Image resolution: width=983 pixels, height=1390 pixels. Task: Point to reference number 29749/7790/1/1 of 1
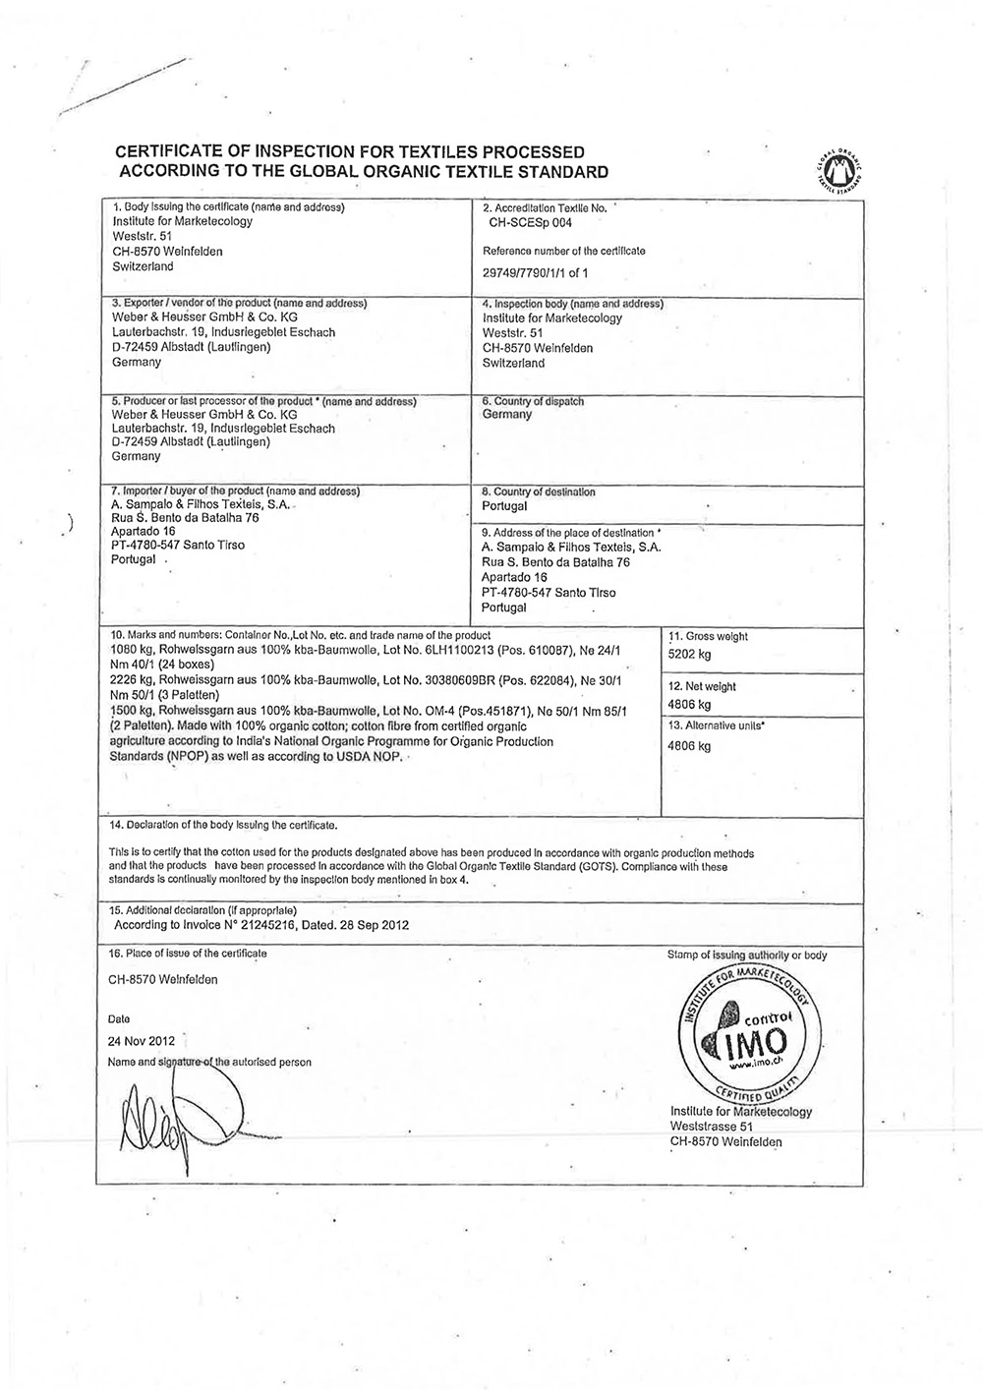coord(539,272)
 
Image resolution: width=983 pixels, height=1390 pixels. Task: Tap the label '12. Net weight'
coord(702,686)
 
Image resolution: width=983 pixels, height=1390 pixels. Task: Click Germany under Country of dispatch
coord(507,415)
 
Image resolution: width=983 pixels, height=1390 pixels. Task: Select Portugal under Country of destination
coord(505,506)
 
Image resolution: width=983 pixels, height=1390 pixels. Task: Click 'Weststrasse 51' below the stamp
coord(711,1126)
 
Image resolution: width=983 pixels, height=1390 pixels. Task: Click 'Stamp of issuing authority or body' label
coord(746,955)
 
